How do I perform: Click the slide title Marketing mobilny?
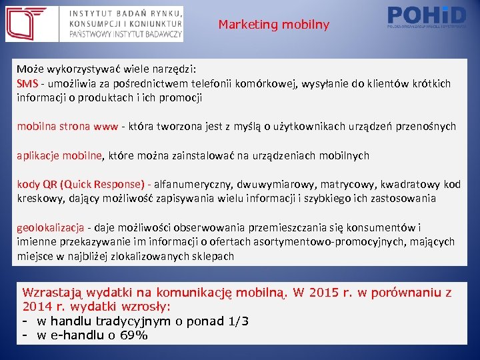pos(273,25)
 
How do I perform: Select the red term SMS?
pos(27,83)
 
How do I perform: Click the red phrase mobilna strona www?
pos(67,126)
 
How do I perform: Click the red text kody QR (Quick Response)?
pos(81,184)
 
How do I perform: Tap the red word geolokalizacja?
pos(50,227)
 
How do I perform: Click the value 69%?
pos(133,335)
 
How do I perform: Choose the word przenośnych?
pos(425,126)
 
